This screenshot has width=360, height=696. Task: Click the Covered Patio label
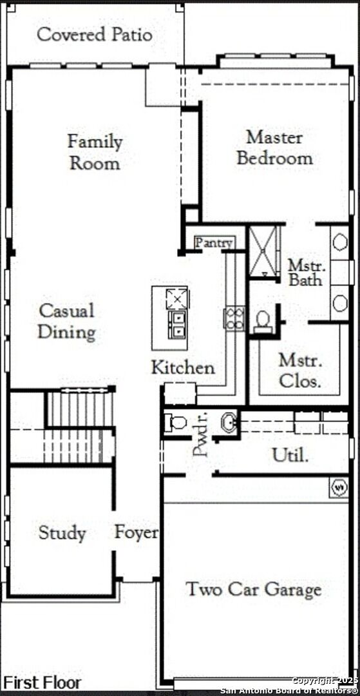click(95, 35)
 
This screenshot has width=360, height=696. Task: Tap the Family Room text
click(95, 151)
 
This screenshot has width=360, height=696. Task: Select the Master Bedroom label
click(274, 148)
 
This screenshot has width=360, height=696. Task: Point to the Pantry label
click(214, 243)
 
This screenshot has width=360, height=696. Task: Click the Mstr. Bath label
click(307, 273)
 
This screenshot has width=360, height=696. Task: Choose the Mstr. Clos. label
click(299, 371)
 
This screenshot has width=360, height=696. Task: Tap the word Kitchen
click(183, 368)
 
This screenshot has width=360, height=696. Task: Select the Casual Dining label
click(66, 321)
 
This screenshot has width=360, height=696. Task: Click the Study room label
click(62, 533)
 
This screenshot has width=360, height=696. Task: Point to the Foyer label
click(137, 533)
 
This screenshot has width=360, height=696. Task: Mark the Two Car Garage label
click(254, 590)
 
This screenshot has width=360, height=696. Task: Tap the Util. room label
click(290, 456)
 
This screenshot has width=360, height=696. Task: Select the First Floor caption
click(43, 682)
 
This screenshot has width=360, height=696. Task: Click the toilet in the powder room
click(176, 423)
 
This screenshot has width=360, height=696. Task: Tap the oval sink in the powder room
click(229, 423)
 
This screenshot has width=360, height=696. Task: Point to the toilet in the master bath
click(263, 320)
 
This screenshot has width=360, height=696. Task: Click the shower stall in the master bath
click(264, 251)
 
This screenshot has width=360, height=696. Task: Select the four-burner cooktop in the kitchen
click(234, 318)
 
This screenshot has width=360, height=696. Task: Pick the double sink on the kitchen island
click(176, 324)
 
